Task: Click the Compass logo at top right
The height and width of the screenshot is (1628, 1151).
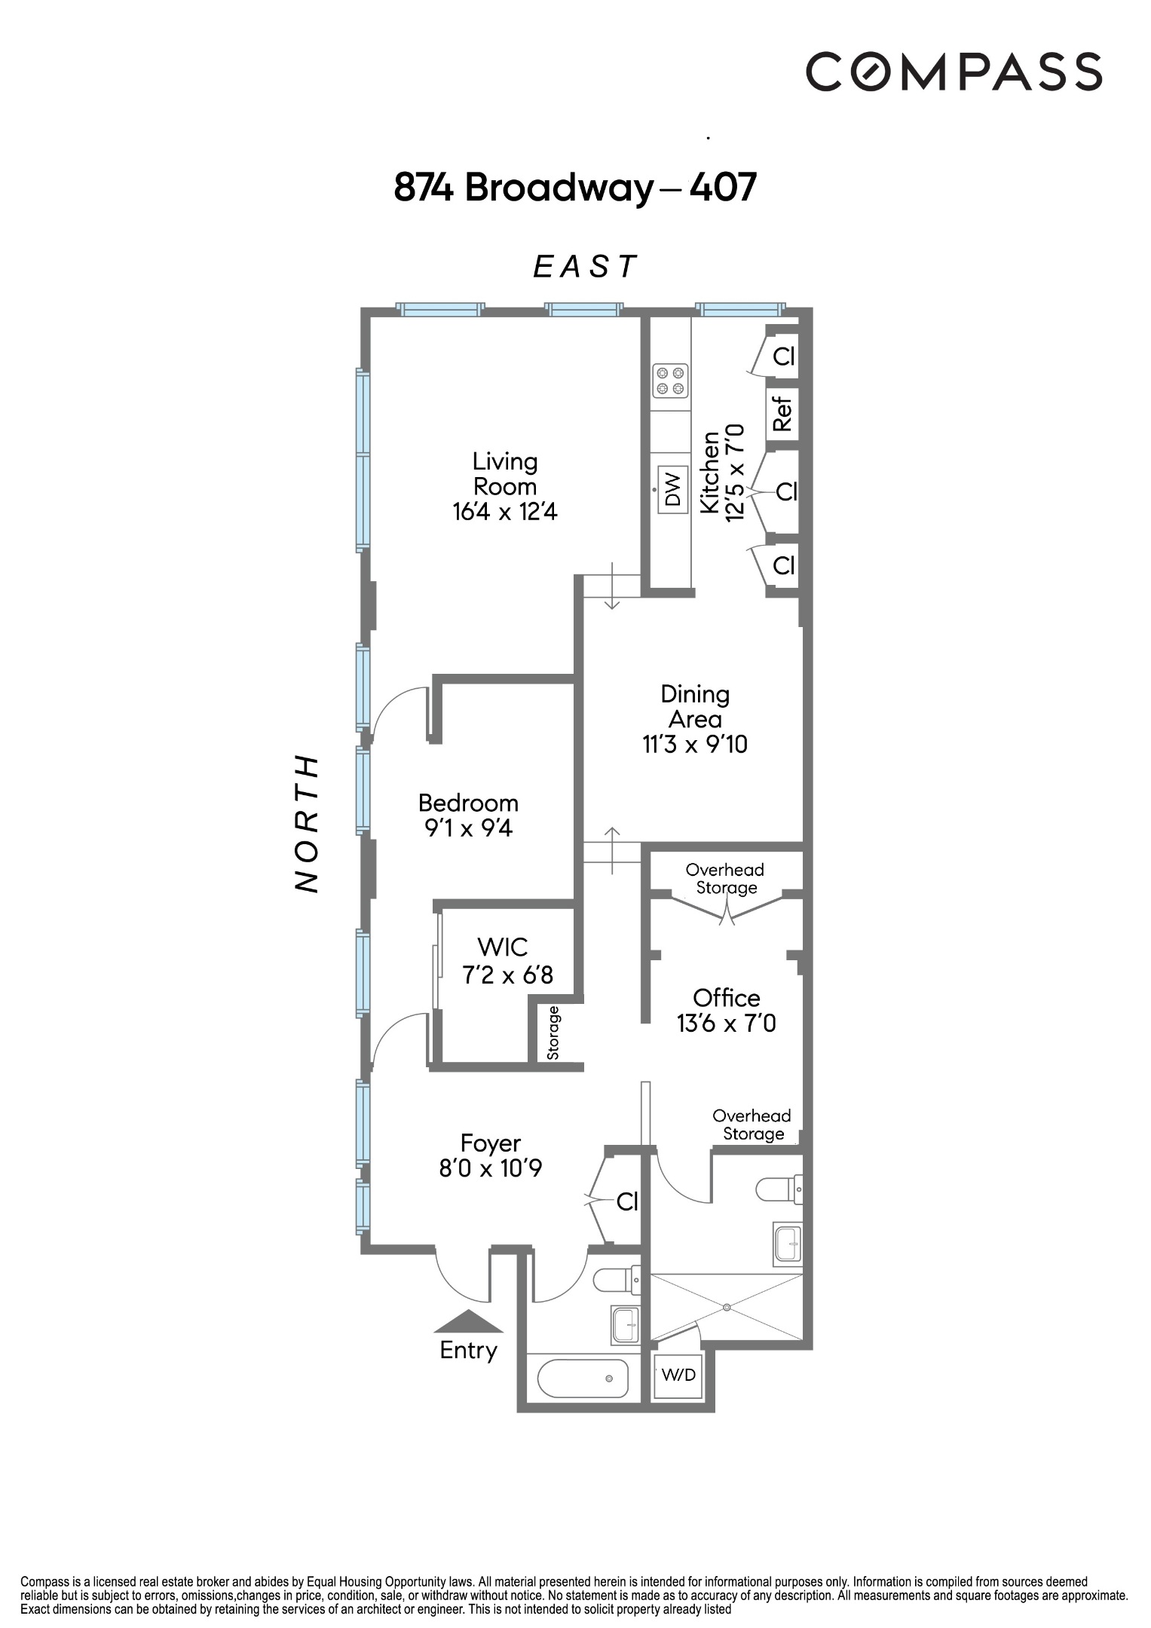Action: [x=954, y=72]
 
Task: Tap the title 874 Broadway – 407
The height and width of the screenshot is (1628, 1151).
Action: [x=574, y=188]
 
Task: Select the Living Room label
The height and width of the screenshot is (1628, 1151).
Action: [x=504, y=473]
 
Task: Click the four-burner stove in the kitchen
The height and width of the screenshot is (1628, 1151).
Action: [x=670, y=381]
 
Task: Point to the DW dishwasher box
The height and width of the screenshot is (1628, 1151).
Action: [x=673, y=488]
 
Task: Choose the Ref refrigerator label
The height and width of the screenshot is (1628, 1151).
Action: [x=782, y=413]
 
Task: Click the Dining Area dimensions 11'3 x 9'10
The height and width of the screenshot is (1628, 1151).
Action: [x=694, y=745]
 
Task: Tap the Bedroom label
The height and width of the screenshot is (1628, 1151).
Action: [x=468, y=803]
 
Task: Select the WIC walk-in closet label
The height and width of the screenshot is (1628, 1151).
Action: [x=503, y=947]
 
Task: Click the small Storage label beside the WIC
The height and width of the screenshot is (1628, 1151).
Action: [x=553, y=1033]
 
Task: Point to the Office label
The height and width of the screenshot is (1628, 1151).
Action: [x=726, y=998]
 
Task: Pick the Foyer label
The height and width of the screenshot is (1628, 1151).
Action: [x=491, y=1143]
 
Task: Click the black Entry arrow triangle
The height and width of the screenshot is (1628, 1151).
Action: [x=468, y=1322]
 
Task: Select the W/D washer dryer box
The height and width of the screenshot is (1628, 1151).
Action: [x=678, y=1375]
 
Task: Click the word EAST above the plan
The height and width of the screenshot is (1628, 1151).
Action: [x=585, y=267]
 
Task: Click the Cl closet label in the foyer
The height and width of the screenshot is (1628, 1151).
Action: [x=627, y=1201]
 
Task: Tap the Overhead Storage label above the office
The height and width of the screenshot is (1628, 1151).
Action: [x=725, y=879]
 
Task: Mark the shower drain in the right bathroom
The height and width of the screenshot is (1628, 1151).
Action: [x=727, y=1306]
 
